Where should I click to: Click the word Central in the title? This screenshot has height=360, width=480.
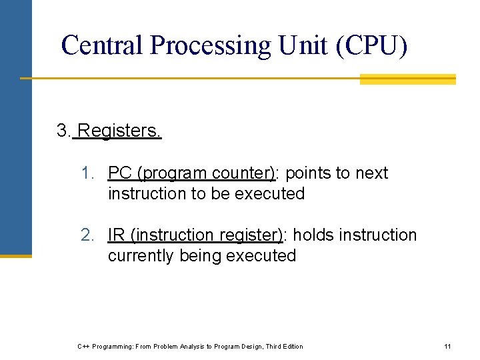(102, 45)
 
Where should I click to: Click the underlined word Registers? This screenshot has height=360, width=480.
(119, 131)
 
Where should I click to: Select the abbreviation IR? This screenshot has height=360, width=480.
(117, 235)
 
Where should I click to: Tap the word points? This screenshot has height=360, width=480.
(310, 173)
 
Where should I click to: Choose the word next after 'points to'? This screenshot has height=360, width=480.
(371, 173)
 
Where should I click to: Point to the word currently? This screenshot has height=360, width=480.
(141, 256)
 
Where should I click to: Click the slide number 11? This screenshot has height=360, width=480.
(447, 346)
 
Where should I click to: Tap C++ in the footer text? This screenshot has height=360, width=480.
(83, 346)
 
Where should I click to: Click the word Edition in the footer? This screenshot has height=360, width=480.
(291, 346)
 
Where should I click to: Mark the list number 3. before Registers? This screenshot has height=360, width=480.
(64, 131)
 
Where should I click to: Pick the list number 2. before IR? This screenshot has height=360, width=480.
(87, 235)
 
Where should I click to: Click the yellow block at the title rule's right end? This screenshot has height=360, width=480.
(407, 79)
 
